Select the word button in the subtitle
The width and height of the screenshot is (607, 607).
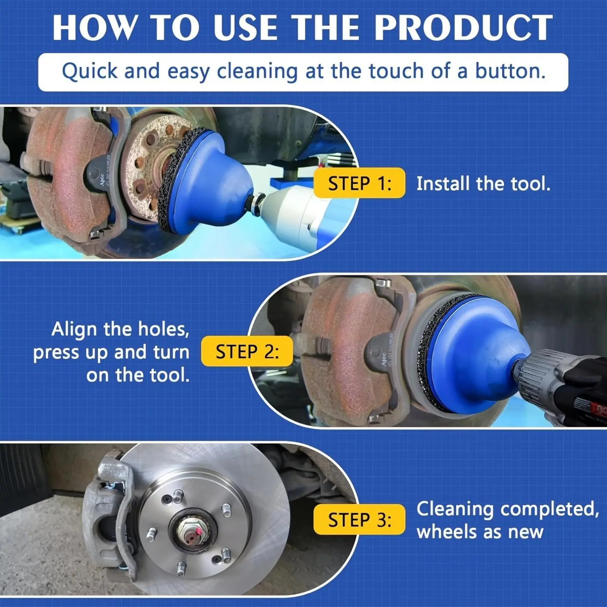[510, 71]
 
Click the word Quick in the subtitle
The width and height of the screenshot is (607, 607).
[89, 72]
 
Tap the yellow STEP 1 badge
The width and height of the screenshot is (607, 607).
[359, 183]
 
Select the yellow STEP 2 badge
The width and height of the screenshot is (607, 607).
[247, 351]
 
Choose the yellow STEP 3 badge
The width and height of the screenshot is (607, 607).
[359, 520]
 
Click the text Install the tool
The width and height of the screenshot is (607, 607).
[484, 184]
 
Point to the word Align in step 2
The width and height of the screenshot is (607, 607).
[74, 330]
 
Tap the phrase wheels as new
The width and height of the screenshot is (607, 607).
[480, 532]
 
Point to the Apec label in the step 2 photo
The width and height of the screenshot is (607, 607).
[383, 359]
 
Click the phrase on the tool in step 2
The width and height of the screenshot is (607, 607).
[138, 375]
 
